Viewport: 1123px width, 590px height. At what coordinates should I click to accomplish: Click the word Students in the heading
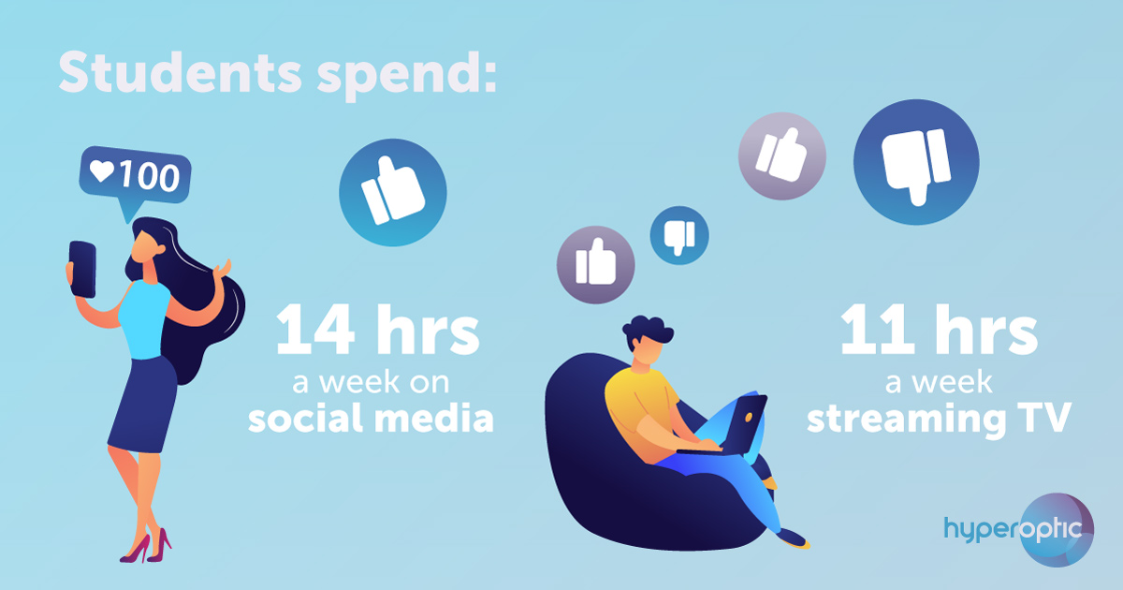181,72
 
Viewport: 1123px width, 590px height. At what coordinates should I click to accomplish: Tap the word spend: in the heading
406,76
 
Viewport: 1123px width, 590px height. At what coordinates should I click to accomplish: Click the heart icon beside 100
102,171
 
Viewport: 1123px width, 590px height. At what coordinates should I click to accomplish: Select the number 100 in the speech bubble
149,176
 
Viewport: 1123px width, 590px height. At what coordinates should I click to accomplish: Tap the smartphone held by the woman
82,270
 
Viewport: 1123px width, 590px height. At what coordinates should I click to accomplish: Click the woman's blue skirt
144,404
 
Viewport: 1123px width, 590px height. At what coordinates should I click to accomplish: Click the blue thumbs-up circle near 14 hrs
392,193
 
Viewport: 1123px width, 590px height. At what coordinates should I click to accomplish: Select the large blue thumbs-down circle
916,162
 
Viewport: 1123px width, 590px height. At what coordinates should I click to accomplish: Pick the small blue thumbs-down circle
679,235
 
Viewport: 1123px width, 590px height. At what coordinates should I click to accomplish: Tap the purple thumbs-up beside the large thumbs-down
782,156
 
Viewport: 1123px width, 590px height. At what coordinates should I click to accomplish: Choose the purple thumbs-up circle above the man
595,265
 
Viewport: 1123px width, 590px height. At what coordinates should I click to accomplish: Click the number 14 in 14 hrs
315,329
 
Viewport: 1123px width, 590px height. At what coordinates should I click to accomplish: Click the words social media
371,419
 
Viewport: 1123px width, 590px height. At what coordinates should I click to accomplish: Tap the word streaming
907,420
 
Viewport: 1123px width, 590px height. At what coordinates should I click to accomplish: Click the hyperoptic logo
1019,530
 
